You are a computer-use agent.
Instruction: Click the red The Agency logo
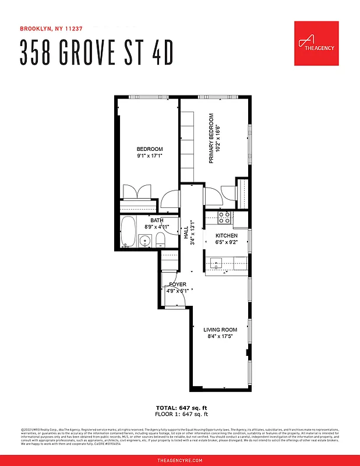pyautogui.click(x=316, y=44)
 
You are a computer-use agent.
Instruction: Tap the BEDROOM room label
pyautogui.click(x=150, y=149)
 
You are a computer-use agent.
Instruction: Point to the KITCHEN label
pyautogui.click(x=227, y=235)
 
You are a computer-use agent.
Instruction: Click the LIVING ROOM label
pyautogui.click(x=220, y=330)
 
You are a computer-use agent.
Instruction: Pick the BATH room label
pyautogui.click(x=157, y=220)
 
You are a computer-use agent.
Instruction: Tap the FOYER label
pyautogui.click(x=178, y=284)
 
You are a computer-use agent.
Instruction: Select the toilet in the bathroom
pyautogui.click(x=161, y=240)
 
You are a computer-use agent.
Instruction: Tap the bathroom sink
pyautogui.click(x=145, y=239)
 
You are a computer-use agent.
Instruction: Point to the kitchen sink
pyautogui.click(x=217, y=263)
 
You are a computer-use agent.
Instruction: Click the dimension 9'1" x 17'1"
pyautogui.click(x=150, y=156)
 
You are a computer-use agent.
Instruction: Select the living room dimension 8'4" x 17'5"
pyautogui.click(x=220, y=337)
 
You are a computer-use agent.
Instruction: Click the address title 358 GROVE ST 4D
pyautogui.click(x=97, y=53)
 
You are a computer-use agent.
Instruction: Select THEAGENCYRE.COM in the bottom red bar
pyautogui.click(x=180, y=460)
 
